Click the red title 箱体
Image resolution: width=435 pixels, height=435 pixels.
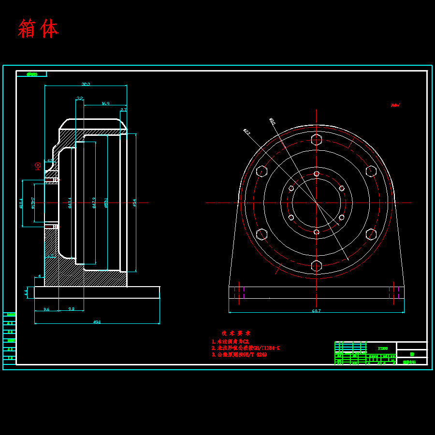click(x=38, y=29)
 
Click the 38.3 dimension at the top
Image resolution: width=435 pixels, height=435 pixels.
click(x=86, y=84)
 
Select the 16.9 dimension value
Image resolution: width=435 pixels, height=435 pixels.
click(x=105, y=103)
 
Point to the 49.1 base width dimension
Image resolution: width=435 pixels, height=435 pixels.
click(x=97, y=321)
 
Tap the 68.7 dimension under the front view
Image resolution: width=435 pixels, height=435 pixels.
click(x=316, y=311)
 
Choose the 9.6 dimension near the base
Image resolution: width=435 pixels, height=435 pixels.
click(x=46, y=309)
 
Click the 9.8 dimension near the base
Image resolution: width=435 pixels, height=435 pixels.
click(x=71, y=309)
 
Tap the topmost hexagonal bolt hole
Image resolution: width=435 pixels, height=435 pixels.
click(x=316, y=140)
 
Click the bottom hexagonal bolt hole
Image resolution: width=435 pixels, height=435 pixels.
click(x=316, y=265)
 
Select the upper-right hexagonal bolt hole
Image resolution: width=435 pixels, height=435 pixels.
click(x=371, y=171)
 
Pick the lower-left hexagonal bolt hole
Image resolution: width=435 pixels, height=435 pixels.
click(x=261, y=234)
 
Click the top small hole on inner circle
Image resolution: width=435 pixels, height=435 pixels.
click(x=316, y=174)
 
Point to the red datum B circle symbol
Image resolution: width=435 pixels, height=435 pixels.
click(x=38, y=166)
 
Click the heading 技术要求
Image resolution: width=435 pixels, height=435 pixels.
click(x=236, y=333)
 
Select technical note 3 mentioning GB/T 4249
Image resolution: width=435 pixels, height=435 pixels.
click(x=239, y=354)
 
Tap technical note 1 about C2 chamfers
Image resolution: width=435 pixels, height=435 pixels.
click(x=230, y=342)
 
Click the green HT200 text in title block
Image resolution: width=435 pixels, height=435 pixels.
click(x=382, y=348)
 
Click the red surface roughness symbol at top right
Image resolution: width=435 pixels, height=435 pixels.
click(x=395, y=104)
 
